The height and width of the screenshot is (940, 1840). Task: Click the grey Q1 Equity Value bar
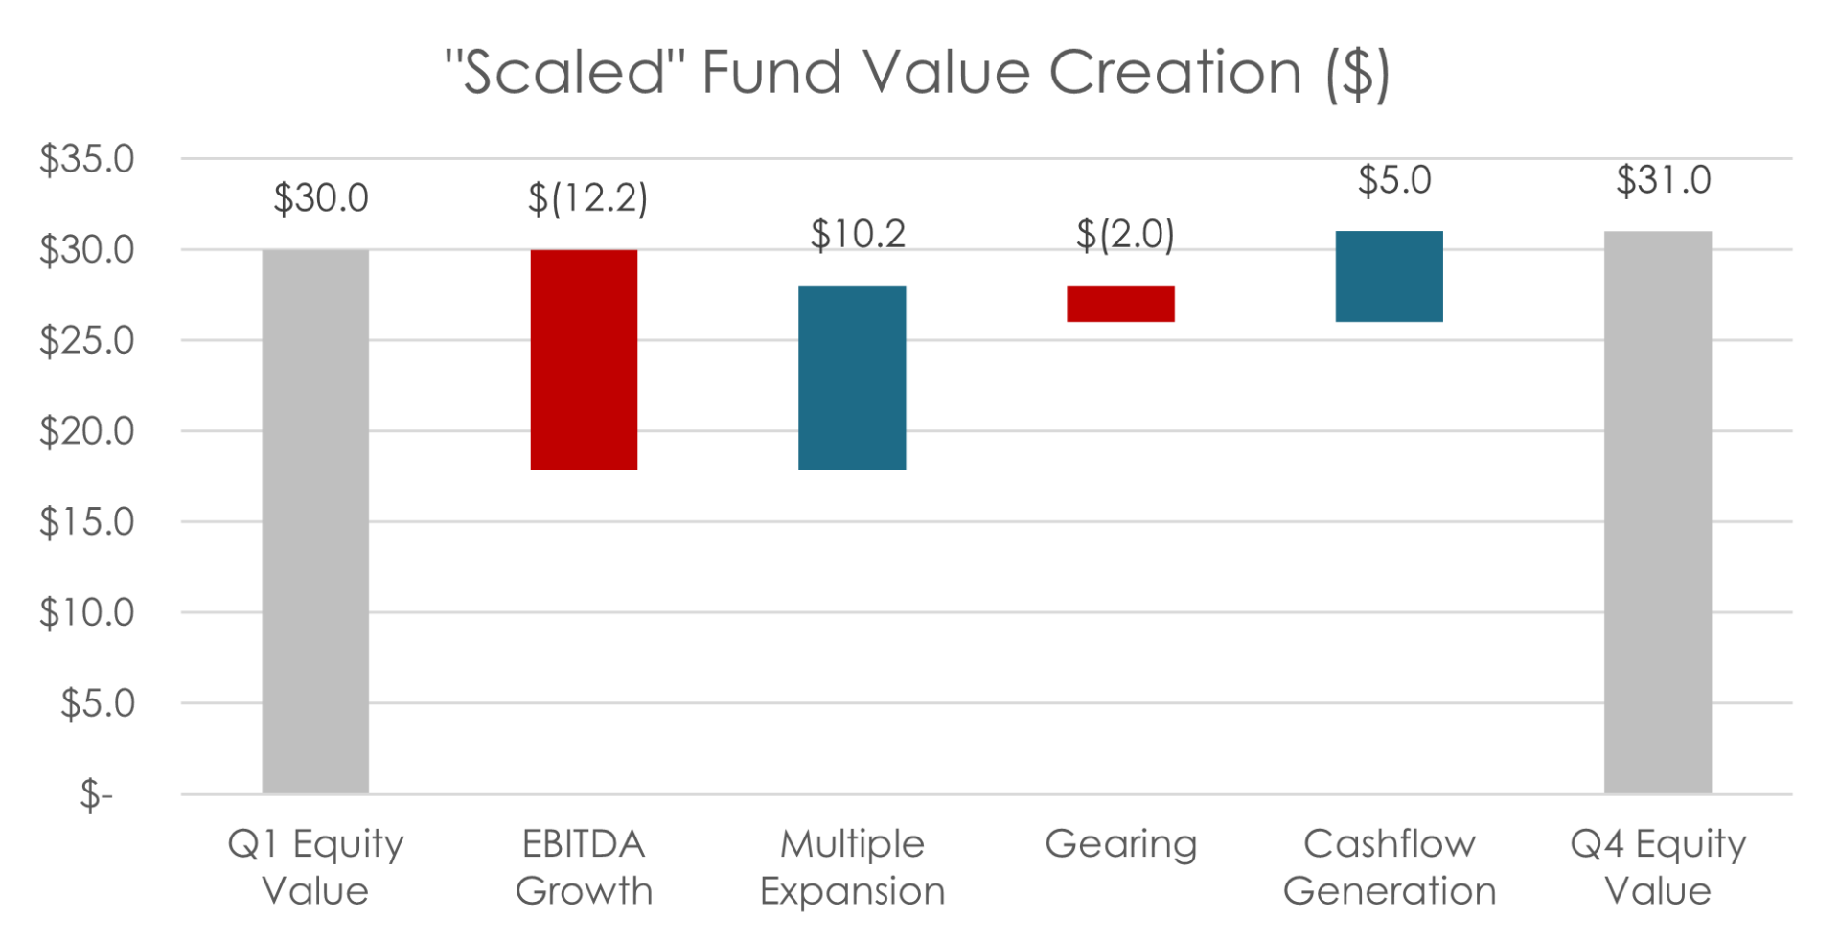click(x=315, y=522)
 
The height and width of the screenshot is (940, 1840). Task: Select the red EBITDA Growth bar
click(x=584, y=360)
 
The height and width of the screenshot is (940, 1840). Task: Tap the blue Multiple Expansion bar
click(x=852, y=378)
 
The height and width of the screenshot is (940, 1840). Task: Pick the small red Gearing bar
click(x=1120, y=304)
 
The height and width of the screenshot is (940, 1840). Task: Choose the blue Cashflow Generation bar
click(x=1389, y=277)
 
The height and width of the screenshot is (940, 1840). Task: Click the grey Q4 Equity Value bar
click(x=1658, y=513)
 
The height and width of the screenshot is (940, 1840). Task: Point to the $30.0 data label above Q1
click(x=320, y=199)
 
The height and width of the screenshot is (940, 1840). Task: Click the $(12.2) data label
click(x=586, y=199)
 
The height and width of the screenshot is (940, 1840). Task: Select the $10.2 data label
click(x=858, y=234)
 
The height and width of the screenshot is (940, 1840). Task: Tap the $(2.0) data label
click(x=1124, y=234)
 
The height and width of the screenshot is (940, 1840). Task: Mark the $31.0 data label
click(x=1663, y=180)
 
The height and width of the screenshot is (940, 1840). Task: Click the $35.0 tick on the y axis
click(x=86, y=159)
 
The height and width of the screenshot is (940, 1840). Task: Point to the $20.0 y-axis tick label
click(x=86, y=431)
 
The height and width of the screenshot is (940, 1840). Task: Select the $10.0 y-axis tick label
click(x=86, y=612)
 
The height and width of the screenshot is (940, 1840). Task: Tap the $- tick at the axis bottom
click(x=96, y=794)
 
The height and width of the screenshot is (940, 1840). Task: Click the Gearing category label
click(x=1120, y=844)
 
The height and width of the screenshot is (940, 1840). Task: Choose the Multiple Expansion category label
click(x=852, y=867)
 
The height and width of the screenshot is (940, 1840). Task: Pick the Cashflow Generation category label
click(x=1389, y=867)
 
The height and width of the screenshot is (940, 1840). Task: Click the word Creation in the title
click(x=1175, y=73)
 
